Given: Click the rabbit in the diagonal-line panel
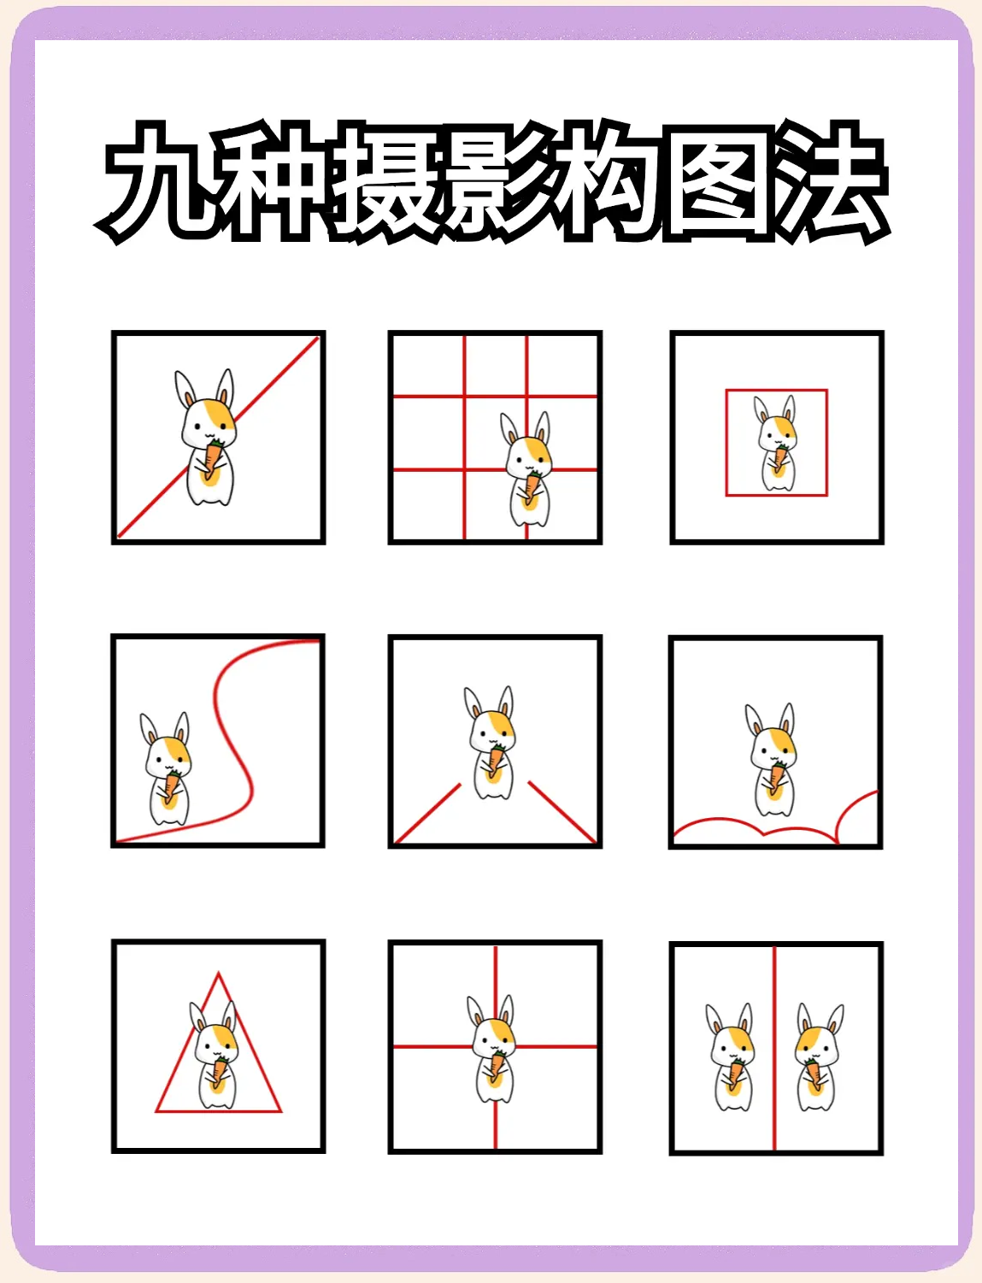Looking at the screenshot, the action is point(206,437).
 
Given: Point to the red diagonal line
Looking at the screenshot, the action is point(218,437).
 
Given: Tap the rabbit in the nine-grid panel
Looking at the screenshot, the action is point(527,468).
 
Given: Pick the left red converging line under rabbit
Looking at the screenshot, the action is point(427,813).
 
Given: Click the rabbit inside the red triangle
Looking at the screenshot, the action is point(215,1055).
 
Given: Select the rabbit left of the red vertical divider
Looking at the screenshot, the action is point(730,1056).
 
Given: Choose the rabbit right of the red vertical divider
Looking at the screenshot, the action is point(819,1056).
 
